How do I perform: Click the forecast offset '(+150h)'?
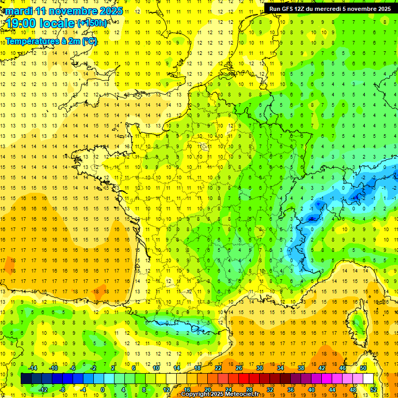pyautogui.click(x=92, y=23)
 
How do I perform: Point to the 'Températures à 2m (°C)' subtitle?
pyautogui.click(x=51, y=41)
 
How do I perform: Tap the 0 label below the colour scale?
pyautogui.click(x=103, y=389)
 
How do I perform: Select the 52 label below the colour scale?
pyautogui.click(x=373, y=389)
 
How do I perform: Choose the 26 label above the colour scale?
pyautogui.click(x=238, y=368)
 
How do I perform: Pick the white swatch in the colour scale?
pyautogui.click(x=368, y=379)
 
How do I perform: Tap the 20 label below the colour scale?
pyautogui.click(x=208, y=389)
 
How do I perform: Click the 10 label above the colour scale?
pyautogui.click(x=157, y=368)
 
